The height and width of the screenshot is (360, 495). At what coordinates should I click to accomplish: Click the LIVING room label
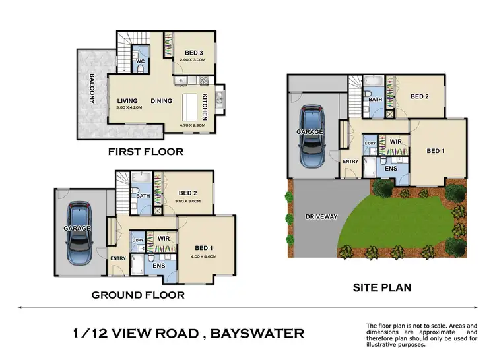click(x=127, y=101)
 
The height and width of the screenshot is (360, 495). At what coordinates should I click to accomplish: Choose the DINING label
click(x=161, y=101)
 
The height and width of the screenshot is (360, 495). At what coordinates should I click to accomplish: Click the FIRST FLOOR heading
click(x=145, y=152)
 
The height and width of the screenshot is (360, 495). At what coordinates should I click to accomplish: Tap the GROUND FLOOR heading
click(x=137, y=295)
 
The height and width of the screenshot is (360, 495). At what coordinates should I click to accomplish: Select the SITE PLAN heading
click(x=381, y=287)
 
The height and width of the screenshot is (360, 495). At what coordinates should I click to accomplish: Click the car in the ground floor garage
click(x=79, y=232)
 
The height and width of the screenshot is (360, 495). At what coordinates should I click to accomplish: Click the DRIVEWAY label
click(x=321, y=216)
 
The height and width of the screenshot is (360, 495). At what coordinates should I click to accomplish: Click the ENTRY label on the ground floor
click(x=118, y=258)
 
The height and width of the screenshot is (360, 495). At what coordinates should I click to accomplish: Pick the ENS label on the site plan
click(x=390, y=169)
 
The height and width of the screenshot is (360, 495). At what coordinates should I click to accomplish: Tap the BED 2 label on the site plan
click(x=420, y=96)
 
